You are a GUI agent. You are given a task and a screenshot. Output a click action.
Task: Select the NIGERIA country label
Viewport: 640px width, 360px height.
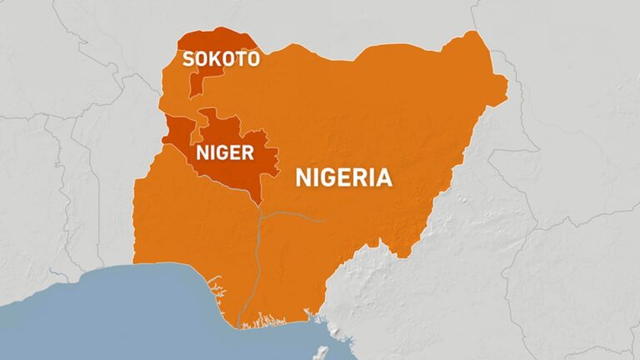coord(343,177)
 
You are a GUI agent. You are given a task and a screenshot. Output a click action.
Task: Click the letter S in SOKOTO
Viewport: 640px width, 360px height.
coord(189,58)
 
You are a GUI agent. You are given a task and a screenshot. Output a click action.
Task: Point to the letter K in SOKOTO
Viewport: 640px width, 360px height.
coord(216,58)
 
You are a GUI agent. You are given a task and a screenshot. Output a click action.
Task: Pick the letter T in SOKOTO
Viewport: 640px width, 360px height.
coord(239,58)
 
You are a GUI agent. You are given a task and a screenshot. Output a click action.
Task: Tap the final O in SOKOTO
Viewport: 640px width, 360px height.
coord(252,58)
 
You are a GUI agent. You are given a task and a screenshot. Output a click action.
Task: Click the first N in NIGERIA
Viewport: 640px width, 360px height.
coord(304,177)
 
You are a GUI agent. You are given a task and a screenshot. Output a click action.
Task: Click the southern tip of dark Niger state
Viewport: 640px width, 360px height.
coord(261,201)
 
